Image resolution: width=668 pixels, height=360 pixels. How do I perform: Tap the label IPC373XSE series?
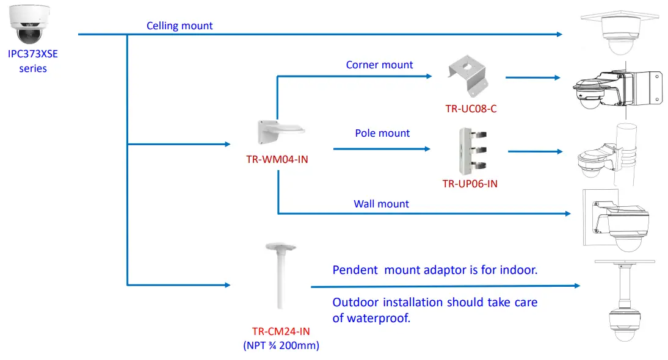(33, 61)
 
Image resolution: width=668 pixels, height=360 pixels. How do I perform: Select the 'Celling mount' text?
(180, 26)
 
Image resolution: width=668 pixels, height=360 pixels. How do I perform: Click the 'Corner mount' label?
(379, 65)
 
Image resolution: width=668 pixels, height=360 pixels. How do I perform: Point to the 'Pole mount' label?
(382, 133)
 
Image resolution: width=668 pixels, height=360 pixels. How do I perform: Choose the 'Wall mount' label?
(381, 204)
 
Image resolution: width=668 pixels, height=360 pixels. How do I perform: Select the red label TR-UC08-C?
(471, 109)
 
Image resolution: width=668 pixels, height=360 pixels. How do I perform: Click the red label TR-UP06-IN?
(470, 183)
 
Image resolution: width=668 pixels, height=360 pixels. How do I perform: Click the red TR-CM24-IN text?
(281, 332)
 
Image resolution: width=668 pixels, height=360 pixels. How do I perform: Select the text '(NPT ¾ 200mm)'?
(281, 346)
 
